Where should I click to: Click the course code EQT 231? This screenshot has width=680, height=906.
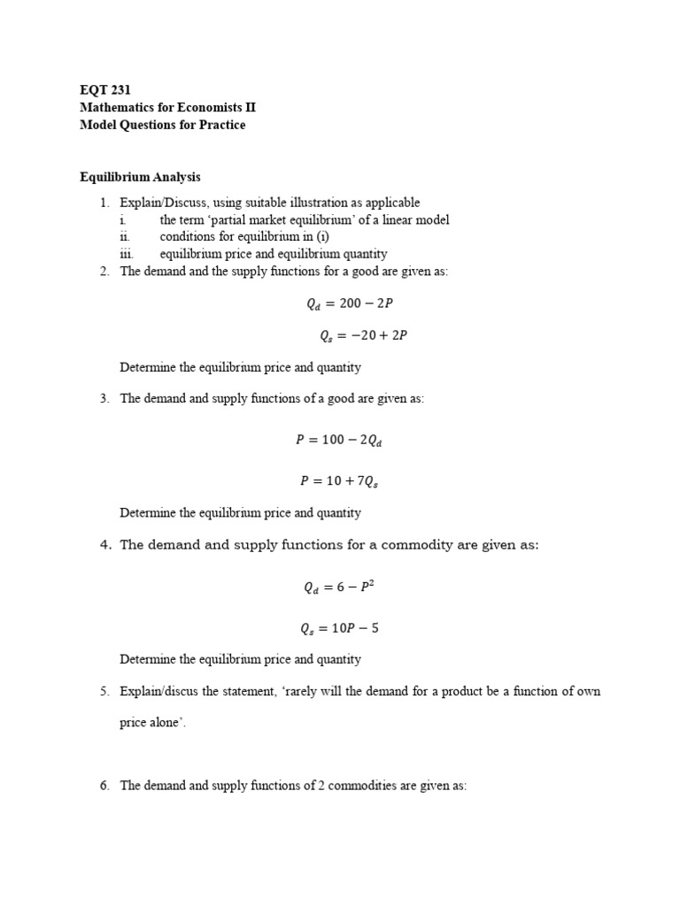pos(105,89)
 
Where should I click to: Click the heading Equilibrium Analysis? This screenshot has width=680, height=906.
pos(140,177)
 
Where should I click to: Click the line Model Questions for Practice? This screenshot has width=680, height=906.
pos(162,125)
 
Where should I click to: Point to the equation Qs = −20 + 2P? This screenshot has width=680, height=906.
pos(363,335)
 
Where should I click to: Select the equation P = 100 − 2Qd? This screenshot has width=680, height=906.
pos(339,439)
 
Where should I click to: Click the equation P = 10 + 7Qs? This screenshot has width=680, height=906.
pos(339,481)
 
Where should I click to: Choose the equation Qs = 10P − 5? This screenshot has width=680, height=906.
pos(339,629)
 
